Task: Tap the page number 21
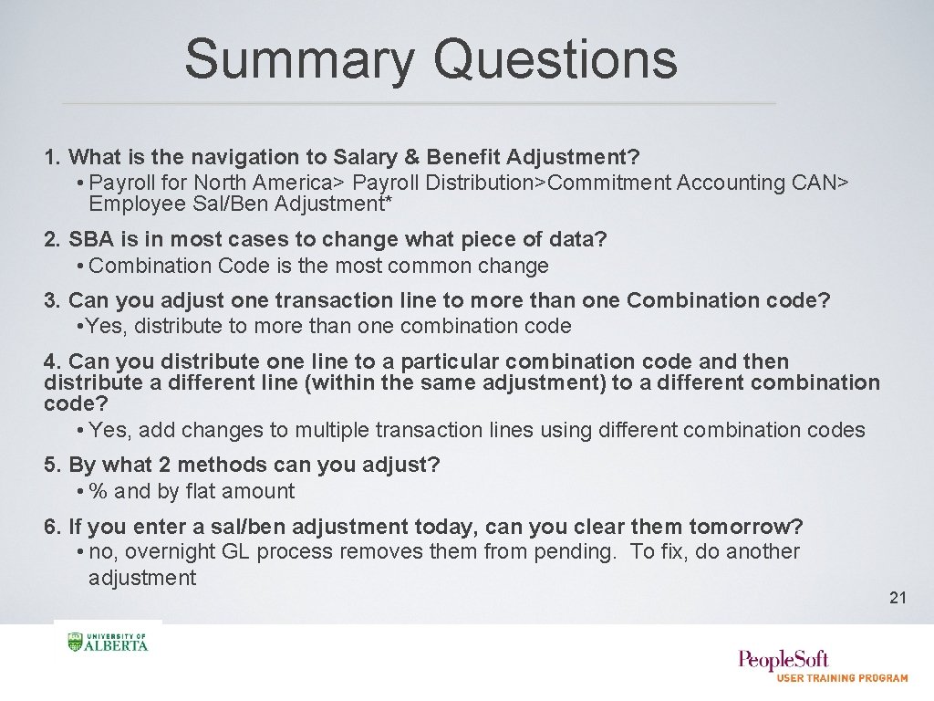click(898, 598)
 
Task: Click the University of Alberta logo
click(108, 642)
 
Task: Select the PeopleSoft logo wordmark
click(784, 659)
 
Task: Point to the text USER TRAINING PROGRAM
click(842, 678)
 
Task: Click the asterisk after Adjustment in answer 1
click(389, 203)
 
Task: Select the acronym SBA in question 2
click(90, 240)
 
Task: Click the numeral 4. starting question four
click(53, 361)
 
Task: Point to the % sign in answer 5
click(99, 491)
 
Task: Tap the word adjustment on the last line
click(141, 578)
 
